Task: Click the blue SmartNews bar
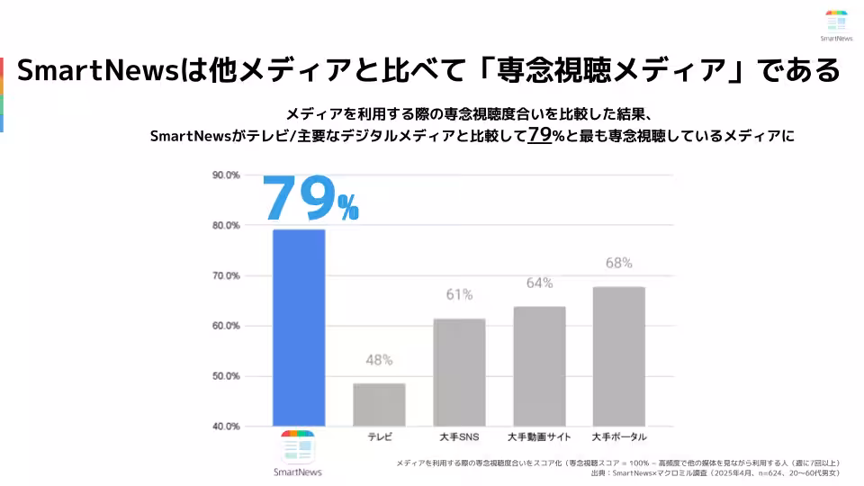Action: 299,328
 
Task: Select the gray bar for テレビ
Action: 379,405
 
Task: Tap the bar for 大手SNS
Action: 459,373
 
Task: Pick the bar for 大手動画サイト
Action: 539,366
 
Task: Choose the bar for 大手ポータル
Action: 618,356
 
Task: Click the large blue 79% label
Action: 310,199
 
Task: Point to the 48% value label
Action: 379,360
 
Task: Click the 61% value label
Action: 459,294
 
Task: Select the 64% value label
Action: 539,283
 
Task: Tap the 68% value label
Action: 618,263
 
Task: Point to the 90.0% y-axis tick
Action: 226,175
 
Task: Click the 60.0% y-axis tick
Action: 226,326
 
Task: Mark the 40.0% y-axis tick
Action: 226,427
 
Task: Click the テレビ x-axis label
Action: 379,437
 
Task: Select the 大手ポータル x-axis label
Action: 618,437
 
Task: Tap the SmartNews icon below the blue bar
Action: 298,447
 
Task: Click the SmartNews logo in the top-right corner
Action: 836,24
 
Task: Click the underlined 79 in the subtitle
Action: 539,135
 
